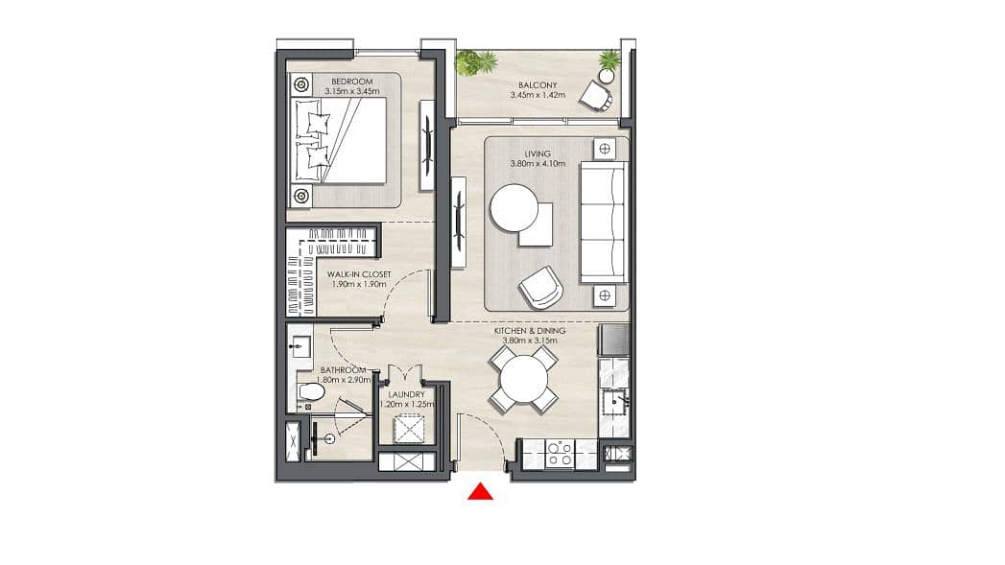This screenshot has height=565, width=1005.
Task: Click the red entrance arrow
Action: pos(480,492)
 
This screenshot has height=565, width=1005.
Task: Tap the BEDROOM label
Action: pos(352,82)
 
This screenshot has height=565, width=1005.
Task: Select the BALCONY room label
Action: pos(538,84)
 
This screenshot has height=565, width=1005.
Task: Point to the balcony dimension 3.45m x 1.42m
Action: pos(538,95)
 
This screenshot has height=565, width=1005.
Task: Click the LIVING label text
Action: pos(538,153)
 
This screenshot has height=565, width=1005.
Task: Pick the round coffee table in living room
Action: pos(514,208)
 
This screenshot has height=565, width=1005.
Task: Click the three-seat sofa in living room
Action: pos(603,222)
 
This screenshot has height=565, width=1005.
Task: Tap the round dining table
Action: pos(524,379)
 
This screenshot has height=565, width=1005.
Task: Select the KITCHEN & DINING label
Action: pos(530,331)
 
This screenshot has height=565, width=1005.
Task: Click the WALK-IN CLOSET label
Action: pos(359,274)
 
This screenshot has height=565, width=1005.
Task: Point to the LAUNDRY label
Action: pos(406,394)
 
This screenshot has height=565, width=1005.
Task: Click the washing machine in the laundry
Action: pos(409,429)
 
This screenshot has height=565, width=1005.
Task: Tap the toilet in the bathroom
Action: pos(312,390)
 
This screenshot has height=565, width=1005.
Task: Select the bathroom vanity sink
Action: pos(299,346)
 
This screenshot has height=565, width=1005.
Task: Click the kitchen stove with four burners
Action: pos(560,454)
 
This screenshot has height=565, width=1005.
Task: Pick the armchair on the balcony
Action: pos(596,96)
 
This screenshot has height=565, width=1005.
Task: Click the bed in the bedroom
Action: pos(341,140)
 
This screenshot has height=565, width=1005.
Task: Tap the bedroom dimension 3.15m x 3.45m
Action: pos(352,91)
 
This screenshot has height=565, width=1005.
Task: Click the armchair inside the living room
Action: pos(540,287)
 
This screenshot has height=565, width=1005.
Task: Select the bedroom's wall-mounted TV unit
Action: pos(427,145)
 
